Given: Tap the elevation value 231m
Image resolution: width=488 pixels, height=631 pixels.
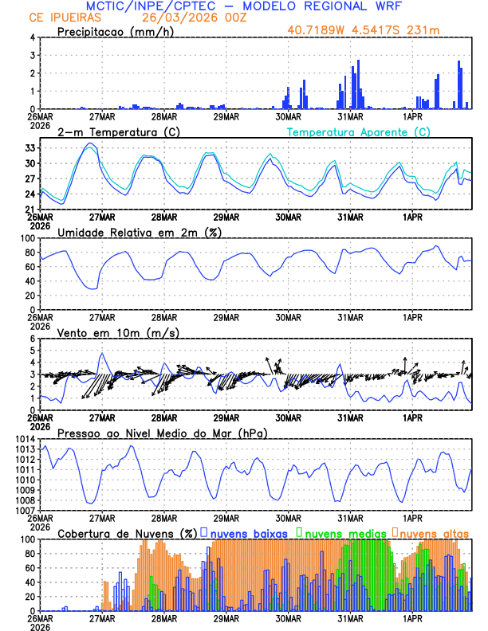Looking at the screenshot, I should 423,31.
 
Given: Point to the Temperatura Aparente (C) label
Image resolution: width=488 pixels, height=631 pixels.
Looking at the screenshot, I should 359,131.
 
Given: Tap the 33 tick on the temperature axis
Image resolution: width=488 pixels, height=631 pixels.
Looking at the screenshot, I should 30,148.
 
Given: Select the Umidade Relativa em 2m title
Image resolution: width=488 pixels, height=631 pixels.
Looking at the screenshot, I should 140,232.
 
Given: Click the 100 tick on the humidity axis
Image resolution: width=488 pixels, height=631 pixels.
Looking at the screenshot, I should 27,238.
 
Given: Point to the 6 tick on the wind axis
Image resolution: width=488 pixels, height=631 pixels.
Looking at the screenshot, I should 33,339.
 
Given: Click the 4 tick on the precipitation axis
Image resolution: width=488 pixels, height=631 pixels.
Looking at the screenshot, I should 33,37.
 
